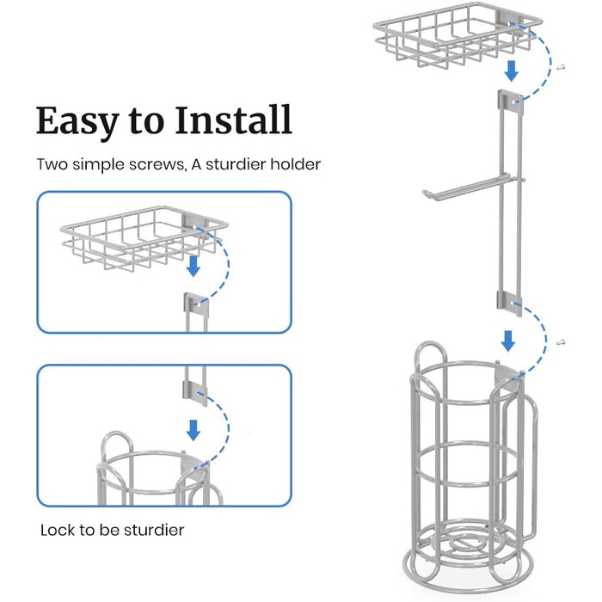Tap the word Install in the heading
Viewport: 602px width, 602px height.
pyautogui.click(x=233, y=121)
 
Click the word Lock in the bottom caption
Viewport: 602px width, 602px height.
pyautogui.click(x=57, y=530)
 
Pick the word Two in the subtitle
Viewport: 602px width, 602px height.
pyautogui.click(x=51, y=164)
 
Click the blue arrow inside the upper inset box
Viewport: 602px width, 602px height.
pyautogui.click(x=193, y=267)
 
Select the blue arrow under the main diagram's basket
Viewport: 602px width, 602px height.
pyautogui.click(x=511, y=68)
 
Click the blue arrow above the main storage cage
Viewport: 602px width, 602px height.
pyautogui.click(x=509, y=341)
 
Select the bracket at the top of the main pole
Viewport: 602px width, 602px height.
pyautogui.click(x=509, y=101)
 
